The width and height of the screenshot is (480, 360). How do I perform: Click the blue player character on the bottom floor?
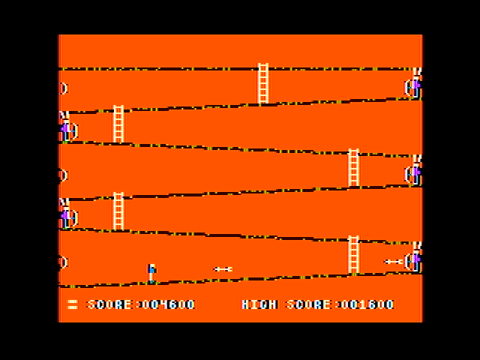151,273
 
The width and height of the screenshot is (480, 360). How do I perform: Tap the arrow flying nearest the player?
223,269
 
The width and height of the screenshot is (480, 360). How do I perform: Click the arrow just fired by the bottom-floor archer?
394,262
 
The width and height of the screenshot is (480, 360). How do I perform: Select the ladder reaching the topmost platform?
263,83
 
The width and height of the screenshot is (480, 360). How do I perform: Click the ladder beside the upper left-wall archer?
118,124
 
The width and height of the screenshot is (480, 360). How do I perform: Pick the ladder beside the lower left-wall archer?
118,211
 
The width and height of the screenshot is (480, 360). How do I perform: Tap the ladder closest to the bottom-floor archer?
353,255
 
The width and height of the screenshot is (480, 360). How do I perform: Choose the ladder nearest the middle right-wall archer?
353,168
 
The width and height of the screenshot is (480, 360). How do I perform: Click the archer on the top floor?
413,83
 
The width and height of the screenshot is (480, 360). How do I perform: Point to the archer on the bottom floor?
413,257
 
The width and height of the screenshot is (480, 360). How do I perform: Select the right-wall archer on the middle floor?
413,170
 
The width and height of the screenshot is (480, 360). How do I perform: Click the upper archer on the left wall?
68,127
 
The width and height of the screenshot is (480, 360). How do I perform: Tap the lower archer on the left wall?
68,214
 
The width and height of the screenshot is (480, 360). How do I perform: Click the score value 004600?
169,304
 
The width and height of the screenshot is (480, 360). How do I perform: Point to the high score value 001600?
367,304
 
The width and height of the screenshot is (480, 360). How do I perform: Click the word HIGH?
259,304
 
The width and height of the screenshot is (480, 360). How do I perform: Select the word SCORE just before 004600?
109,304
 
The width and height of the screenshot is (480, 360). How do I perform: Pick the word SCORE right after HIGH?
308,304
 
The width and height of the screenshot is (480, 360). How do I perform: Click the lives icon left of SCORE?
72,304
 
